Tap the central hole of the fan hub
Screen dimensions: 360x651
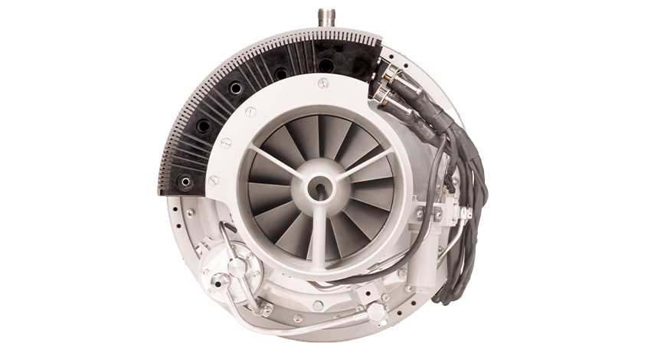[x=319, y=186]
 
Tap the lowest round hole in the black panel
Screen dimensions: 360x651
[x=185, y=182]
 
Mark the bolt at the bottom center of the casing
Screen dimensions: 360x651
[x=318, y=306]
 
